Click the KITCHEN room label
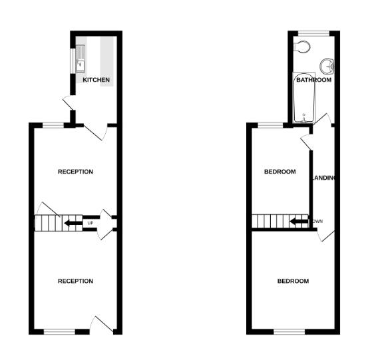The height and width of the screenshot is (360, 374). (96, 80)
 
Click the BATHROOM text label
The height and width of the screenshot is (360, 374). (313, 80)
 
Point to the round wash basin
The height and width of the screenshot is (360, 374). (327, 67)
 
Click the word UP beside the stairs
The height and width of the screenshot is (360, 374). (90, 223)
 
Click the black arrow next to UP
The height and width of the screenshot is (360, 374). (73, 223)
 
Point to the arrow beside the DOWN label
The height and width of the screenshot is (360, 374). (300, 221)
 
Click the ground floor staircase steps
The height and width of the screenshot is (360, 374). (49, 223)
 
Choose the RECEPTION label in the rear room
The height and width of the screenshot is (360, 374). (75, 172)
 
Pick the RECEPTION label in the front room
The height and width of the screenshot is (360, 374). (75, 281)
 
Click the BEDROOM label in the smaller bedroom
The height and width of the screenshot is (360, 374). (280, 172)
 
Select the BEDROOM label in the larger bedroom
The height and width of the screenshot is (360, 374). (293, 281)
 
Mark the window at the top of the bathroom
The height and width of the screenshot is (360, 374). (313, 33)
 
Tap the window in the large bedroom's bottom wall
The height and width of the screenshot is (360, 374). (289, 331)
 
